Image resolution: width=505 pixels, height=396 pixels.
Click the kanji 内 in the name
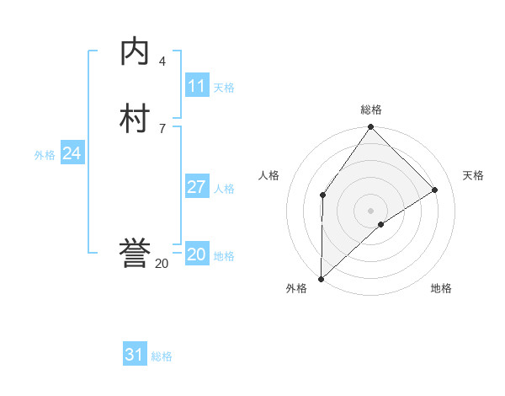tap(136, 53)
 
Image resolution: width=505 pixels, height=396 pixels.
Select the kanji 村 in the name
tap(136, 119)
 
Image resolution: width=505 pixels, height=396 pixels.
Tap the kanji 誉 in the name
tap(136, 254)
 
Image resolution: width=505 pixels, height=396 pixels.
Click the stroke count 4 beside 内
tap(162, 62)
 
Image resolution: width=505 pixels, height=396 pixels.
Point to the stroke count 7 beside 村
tap(162, 128)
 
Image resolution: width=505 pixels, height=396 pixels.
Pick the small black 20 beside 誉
tap(162, 264)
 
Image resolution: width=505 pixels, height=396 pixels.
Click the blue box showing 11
tap(197, 86)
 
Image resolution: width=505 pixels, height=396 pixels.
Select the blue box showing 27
tap(197, 187)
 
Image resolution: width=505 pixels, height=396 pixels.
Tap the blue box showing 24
tap(72, 153)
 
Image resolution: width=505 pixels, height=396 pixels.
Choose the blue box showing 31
tap(135, 355)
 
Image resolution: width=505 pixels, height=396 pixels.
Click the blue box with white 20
tap(197, 254)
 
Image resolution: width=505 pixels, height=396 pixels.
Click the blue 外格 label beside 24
tap(45, 155)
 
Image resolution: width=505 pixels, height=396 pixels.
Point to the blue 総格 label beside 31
tap(162, 356)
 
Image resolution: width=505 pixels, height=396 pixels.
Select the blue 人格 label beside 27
tap(225, 189)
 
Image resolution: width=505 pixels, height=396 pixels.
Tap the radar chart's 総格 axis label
tap(371, 110)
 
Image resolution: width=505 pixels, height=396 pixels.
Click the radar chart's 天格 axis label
tap(473, 175)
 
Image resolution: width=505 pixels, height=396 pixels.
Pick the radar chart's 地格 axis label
tap(441, 289)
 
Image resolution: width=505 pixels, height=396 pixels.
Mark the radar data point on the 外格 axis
tap(321, 279)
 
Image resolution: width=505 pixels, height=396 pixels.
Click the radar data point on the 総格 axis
tap(371, 127)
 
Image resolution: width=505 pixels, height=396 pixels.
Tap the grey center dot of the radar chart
tap(371, 210)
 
